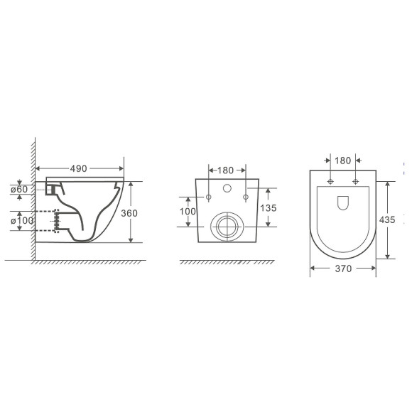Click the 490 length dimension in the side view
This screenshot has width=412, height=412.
pyautogui.click(x=78, y=169)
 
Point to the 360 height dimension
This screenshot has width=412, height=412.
pyautogui.click(x=148, y=212)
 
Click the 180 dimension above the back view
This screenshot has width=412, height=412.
pyautogui.click(x=227, y=170)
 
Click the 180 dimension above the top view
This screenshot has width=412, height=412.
pyautogui.click(x=342, y=161)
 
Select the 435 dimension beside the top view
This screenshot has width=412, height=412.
pyautogui.click(x=388, y=220)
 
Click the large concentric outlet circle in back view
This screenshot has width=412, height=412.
pyautogui.click(x=227, y=226)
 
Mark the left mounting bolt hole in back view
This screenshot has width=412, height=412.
pyautogui.click(x=209, y=197)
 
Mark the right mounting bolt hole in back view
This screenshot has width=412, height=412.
pyautogui.click(x=245, y=197)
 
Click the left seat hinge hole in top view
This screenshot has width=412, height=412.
pyautogui.click(x=332, y=182)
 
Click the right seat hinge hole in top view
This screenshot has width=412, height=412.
pyautogui.click(x=354, y=182)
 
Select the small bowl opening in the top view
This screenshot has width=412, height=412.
pyautogui.click(x=343, y=203)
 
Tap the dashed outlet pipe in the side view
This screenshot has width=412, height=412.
pyautogui.click(x=47, y=222)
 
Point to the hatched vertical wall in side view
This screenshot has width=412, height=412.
pyautogui.click(x=31, y=199)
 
